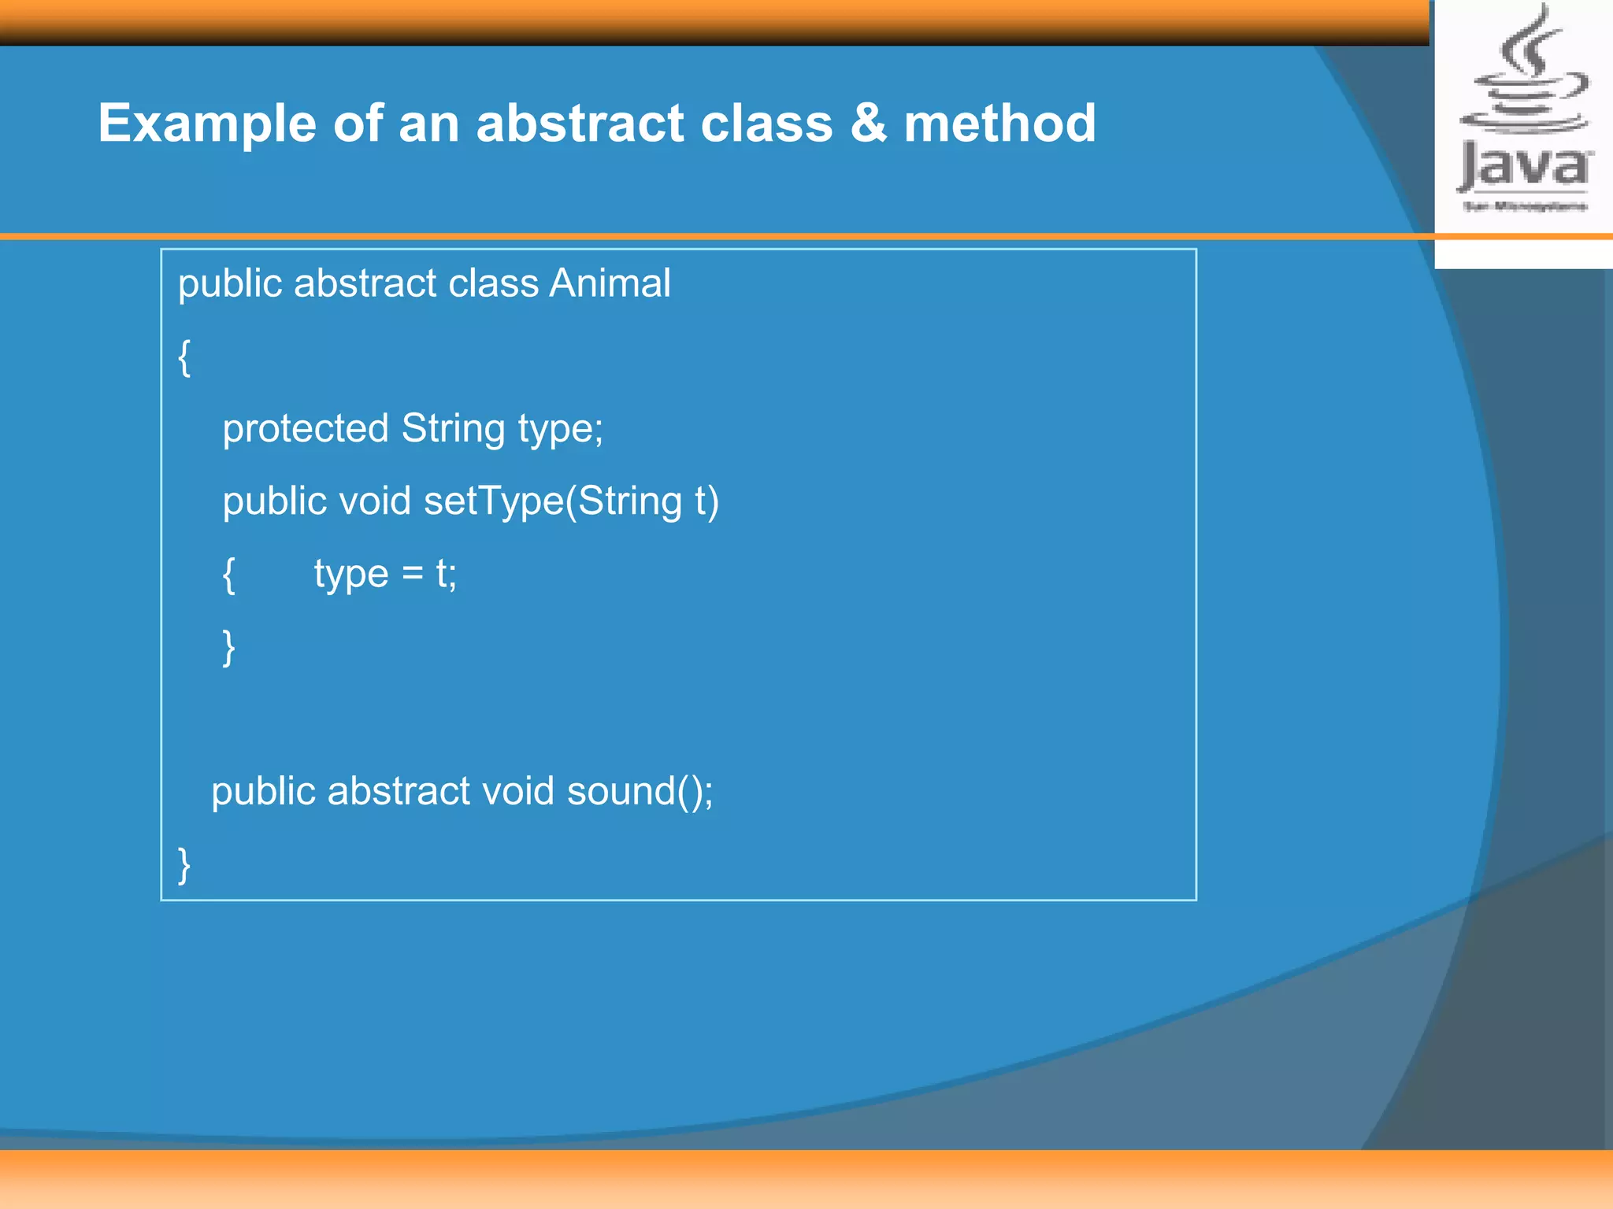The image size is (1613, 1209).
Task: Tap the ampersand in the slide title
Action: (868, 124)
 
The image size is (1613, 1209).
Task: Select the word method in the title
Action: (999, 124)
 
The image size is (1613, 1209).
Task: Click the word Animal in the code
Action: (610, 283)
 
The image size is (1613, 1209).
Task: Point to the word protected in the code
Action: (306, 430)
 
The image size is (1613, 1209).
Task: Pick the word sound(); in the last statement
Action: (640, 791)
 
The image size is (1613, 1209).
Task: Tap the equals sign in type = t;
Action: (413, 573)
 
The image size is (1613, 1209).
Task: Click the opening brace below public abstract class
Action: (184, 358)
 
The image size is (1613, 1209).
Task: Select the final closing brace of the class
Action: (184, 865)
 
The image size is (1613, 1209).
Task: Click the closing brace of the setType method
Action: (228, 647)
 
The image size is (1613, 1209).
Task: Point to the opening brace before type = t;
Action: (228, 575)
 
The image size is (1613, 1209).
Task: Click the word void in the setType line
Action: (374, 501)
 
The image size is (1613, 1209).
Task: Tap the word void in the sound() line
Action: (517, 791)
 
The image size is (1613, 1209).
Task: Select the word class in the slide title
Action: (766, 124)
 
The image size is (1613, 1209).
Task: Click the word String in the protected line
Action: (453, 430)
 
